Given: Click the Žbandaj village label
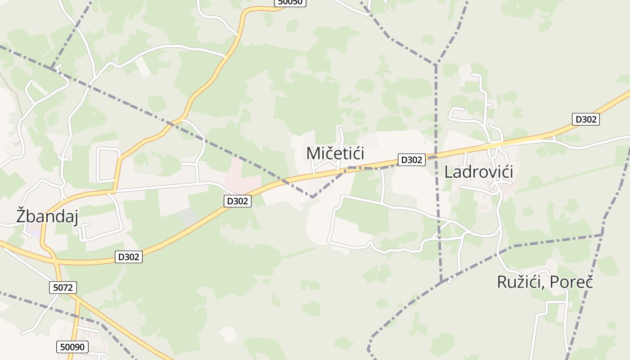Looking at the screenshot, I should tap(47, 216).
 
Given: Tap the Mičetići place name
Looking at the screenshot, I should tap(335, 153).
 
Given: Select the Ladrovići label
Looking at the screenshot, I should tap(479, 172).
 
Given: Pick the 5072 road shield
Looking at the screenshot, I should tap(63, 288).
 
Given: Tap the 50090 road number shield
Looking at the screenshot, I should tap(72, 347).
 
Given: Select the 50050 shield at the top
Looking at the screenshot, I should tap(290, 2).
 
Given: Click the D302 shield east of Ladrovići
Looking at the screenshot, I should tap(585, 119).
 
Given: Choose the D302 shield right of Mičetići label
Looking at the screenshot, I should tap(411, 160).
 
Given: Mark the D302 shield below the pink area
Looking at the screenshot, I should tap(237, 201).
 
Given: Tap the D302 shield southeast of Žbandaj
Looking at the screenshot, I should tap(128, 257).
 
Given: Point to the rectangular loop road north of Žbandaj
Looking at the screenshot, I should tap(108, 165).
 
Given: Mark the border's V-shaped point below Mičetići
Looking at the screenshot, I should tap(312, 197).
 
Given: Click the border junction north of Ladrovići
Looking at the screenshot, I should tap(436, 65).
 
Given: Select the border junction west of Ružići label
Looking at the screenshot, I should tap(442, 281).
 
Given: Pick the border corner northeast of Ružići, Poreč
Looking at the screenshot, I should tap(602, 234).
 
